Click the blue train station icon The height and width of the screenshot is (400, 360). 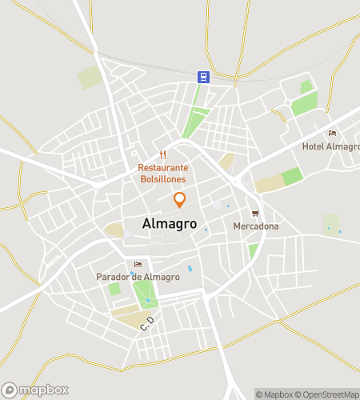[x=204, y=77]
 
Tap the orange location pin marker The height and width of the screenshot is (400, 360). [x=179, y=200]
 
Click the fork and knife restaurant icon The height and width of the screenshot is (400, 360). [x=162, y=154]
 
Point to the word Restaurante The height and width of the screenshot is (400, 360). [x=162, y=168]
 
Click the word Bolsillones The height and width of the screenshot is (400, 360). [x=162, y=178]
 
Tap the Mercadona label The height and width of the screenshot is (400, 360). [x=256, y=226]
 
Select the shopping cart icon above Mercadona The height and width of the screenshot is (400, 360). [x=255, y=213]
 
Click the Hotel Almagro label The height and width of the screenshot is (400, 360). [x=328, y=146]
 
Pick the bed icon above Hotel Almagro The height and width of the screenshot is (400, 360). [x=332, y=133]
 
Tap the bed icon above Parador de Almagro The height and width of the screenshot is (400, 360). [x=138, y=264]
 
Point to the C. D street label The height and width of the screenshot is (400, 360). [x=146, y=324]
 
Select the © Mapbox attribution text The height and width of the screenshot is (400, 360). [x=274, y=394]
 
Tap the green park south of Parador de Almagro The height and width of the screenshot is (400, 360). [x=145, y=296]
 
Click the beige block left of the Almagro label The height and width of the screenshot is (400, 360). [x=113, y=230]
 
